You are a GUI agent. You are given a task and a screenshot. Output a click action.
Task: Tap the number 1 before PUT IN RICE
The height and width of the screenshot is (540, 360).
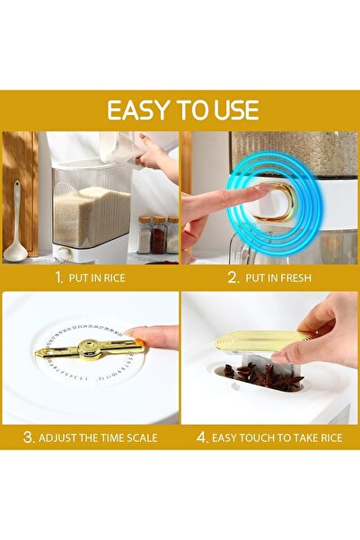(58, 278)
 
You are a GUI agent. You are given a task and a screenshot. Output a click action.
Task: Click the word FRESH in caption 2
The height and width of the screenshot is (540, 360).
(294, 278)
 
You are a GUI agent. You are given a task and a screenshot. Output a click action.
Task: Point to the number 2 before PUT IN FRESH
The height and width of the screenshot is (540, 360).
(232, 278)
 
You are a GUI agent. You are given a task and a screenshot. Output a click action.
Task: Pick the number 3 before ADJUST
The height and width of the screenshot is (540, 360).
(29, 438)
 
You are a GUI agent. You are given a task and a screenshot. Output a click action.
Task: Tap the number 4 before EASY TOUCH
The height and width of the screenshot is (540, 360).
(203, 438)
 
